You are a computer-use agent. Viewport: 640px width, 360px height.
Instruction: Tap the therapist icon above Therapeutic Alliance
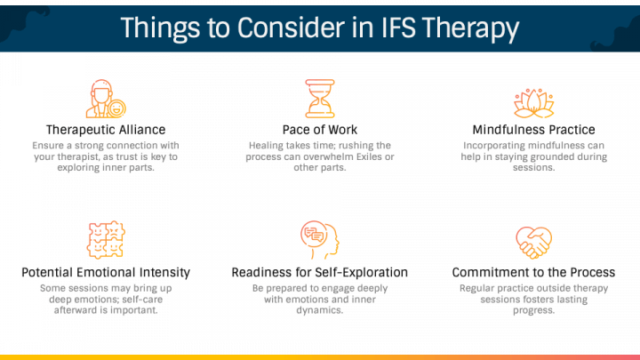(x=106, y=98)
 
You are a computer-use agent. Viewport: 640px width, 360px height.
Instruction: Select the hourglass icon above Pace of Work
(x=319, y=98)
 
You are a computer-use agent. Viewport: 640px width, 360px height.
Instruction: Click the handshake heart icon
(x=533, y=240)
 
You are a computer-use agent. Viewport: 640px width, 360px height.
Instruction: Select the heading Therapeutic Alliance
(x=106, y=130)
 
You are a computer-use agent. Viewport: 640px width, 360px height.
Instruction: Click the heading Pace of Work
(x=319, y=130)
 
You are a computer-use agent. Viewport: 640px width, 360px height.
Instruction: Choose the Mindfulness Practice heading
(x=533, y=130)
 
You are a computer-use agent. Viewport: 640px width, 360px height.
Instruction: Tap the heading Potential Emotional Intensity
(x=106, y=272)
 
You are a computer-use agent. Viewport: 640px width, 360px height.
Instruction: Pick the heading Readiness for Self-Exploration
(x=319, y=272)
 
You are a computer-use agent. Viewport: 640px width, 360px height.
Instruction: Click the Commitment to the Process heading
(x=533, y=272)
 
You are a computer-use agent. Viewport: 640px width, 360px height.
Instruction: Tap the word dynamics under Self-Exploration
(x=319, y=311)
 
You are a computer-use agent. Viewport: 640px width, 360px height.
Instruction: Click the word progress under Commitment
(x=533, y=311)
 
